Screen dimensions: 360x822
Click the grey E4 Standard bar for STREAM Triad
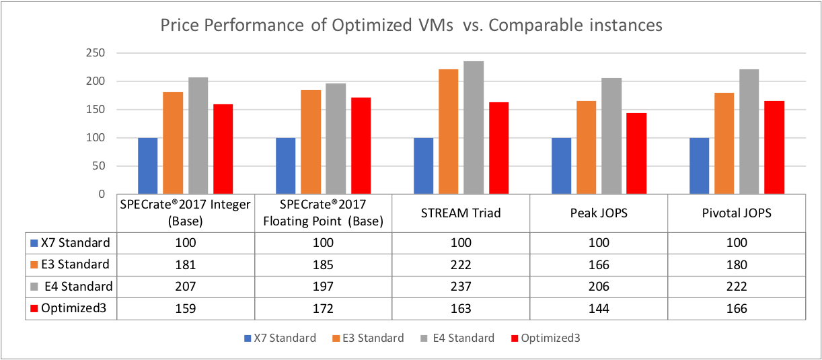point(474,128)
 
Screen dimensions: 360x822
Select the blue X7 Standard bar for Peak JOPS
point(561,166)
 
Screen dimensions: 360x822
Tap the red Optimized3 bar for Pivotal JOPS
point(774,147)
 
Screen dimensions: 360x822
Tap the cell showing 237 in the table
point(460,287)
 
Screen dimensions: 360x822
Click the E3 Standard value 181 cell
point(184,264)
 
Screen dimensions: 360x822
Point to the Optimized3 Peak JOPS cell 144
point(598,309)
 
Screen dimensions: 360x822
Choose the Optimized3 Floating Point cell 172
point(322,309)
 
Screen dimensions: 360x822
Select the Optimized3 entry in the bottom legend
point(546,338)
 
